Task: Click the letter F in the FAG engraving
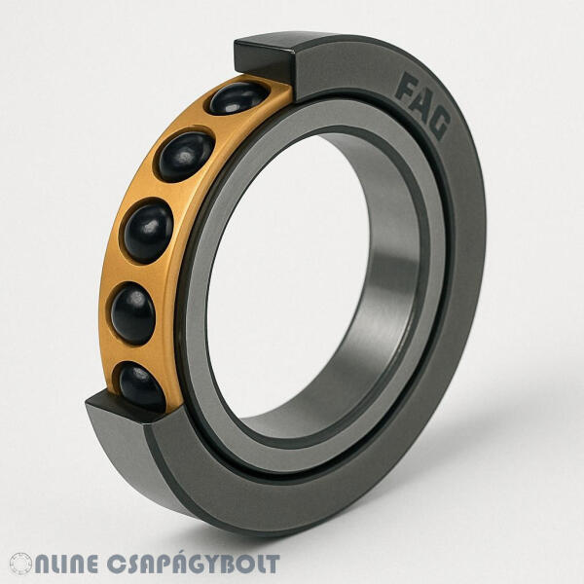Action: coord(407,88)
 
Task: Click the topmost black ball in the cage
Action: coord(238,97)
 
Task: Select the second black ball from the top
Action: coord(186,157)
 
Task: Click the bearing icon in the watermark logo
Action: coord(20,564)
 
